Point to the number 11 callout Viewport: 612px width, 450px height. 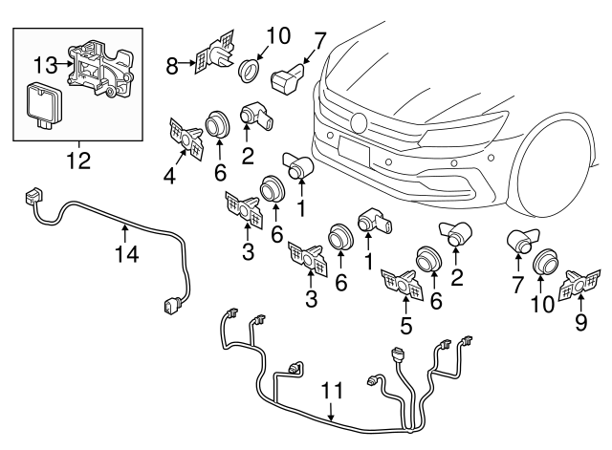pyautogui.click(x=331, y=391)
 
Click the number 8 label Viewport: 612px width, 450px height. pyautogui.click(x=172, y=66)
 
